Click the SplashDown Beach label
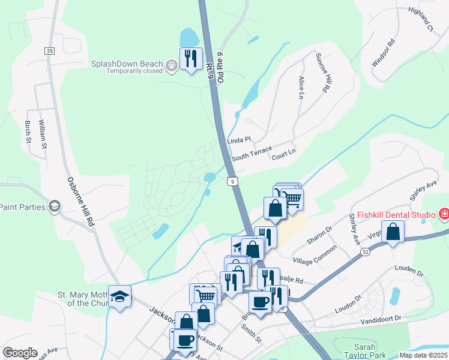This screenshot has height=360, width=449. click(127, 62)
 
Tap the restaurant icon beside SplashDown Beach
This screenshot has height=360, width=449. click(191, 59)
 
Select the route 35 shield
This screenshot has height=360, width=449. click(49, 51)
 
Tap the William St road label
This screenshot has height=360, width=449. click(42, 134)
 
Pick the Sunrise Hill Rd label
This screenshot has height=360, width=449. click(323, 73)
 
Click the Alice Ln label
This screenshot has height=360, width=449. click(301, 87)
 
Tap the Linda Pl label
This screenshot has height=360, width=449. click(238, 140)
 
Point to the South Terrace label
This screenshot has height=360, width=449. click(252, 154)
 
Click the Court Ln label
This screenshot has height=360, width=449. click(284, 154)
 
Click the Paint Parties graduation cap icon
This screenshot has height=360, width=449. click(55, 206)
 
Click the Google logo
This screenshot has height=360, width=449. click(20, 353)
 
